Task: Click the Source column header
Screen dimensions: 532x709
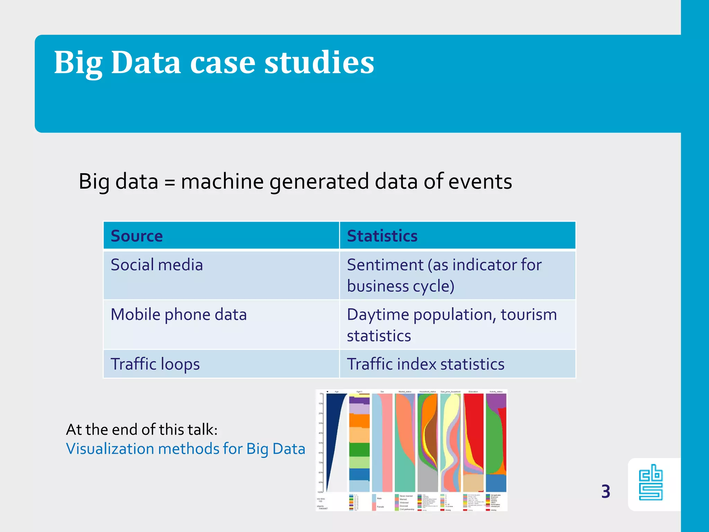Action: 136,236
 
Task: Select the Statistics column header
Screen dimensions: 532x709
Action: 382,236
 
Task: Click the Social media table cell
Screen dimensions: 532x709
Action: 156,265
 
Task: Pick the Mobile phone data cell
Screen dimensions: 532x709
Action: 178,315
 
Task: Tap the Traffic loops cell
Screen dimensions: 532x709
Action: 155,364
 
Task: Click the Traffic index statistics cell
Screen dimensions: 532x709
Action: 425,364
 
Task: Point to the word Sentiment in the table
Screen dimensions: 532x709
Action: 385,265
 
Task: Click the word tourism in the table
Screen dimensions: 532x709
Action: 528,315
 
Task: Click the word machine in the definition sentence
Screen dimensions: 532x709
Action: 222,181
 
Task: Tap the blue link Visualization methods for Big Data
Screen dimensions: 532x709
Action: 186,449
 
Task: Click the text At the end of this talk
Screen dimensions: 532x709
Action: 142,429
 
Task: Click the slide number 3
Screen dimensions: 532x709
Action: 605,491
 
